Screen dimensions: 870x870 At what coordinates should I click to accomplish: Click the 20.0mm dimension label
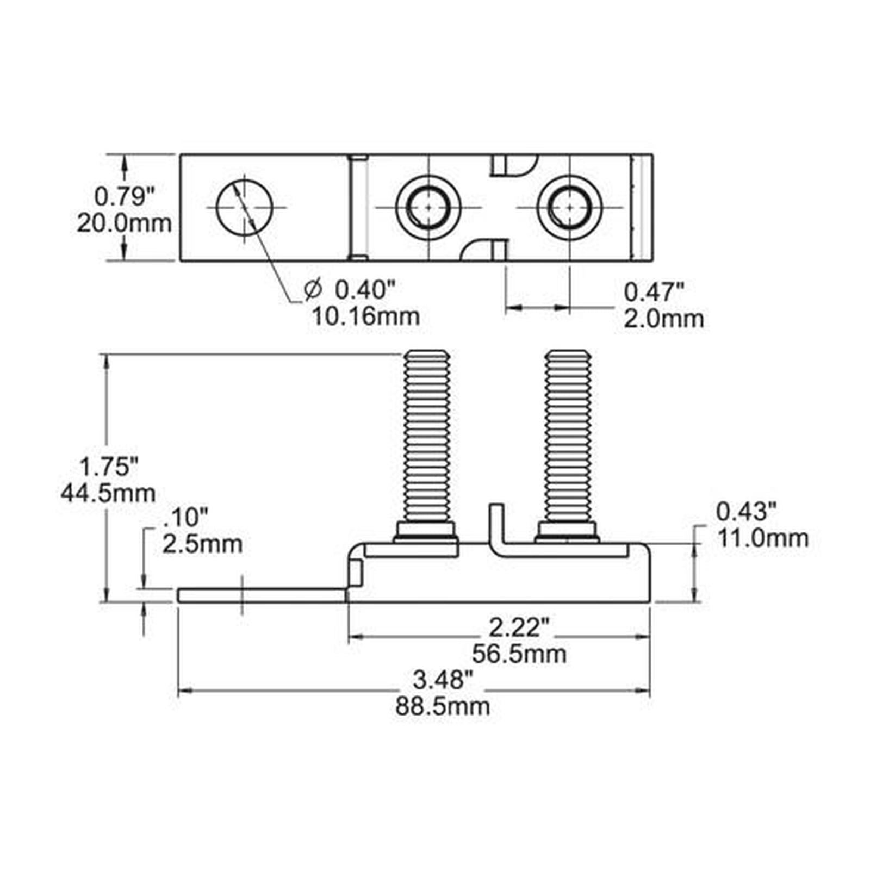point(124,223)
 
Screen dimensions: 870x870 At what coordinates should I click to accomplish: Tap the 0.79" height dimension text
point(125,196)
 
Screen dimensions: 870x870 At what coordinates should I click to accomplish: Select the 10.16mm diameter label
point(365,316)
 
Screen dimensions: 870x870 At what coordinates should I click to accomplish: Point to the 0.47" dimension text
point(653,293)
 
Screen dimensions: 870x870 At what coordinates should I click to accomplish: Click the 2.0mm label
point(663,319)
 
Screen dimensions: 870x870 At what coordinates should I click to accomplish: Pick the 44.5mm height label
point(108,493)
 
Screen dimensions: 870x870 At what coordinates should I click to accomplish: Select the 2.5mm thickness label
point(202,544)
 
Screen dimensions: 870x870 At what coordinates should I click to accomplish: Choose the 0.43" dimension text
point(747,512)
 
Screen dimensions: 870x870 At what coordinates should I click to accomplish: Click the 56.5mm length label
point(519,654)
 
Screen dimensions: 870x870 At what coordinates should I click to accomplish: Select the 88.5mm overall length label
point(443,706)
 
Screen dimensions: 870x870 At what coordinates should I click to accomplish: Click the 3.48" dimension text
point(443,680)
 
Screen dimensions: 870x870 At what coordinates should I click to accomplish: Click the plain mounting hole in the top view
point(245,207)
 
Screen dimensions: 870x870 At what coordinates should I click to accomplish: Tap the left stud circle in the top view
point(429,207)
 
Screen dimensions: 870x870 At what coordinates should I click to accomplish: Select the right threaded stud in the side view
point(568,446)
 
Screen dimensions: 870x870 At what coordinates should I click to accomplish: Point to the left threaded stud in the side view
point(427,446)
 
